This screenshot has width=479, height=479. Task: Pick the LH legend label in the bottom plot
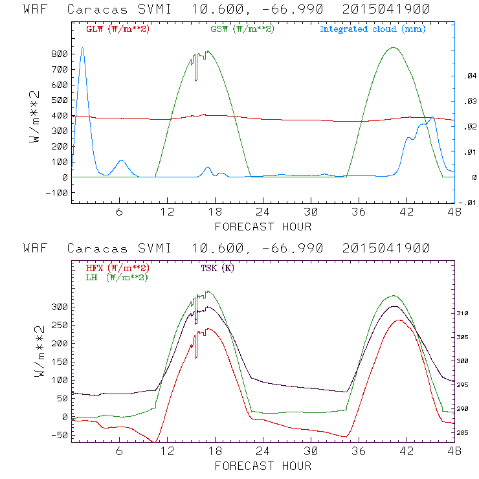tap(116, 277)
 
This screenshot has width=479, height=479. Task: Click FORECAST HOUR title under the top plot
tap(263, 227)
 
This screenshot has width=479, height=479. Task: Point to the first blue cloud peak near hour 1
tap(82, 49)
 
